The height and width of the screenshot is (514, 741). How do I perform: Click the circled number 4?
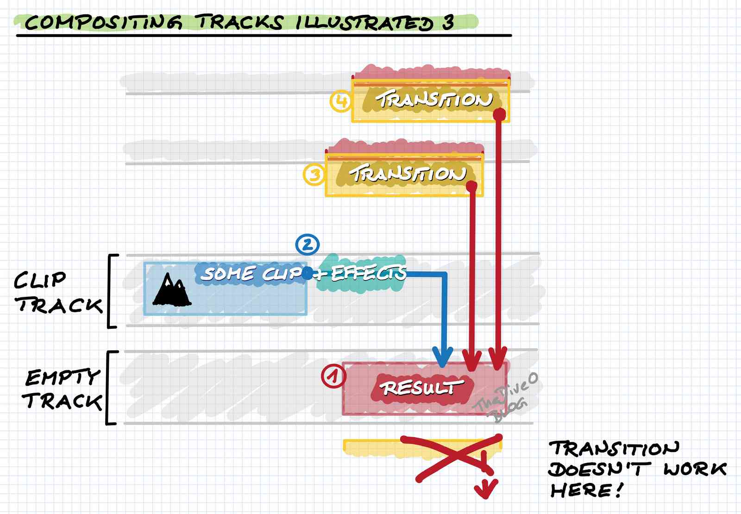coord(341,100)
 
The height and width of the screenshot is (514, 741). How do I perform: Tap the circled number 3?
coord(314,175)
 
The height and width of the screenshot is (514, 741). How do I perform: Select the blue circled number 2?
coord(308,244)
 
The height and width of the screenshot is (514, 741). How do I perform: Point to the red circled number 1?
coord(333,376)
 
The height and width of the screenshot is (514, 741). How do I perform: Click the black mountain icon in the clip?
coord(171,291)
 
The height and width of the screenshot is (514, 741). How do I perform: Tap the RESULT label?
coord(421,387)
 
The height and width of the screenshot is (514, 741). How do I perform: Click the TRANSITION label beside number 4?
coord(433,99)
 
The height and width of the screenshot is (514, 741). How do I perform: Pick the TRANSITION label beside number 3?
coord(408,173)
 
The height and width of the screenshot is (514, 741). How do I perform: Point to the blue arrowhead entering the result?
coord(442,357)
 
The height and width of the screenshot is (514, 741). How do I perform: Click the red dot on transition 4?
coord(499,114)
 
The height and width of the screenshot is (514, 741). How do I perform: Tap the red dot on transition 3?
coord(471,186)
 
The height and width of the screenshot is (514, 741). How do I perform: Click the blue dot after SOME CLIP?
coord(307,273)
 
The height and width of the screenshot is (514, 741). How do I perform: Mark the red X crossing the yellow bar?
coord(456,457)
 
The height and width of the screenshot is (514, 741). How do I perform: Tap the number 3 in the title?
coord(447,22)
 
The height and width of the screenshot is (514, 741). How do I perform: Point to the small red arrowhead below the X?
coord(486,490)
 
